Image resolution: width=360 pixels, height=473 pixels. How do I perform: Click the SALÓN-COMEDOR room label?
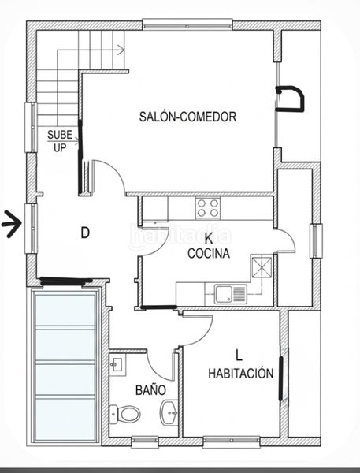187,117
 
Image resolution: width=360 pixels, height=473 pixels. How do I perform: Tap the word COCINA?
209,253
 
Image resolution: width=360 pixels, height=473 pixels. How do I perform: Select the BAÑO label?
150,389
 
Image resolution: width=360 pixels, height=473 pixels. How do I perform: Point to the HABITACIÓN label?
240,373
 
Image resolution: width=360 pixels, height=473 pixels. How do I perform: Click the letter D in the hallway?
85,233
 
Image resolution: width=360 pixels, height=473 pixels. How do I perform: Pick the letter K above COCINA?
208,238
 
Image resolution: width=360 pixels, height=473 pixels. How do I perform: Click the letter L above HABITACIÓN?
239,356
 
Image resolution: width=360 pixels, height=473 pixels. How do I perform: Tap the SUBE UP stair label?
60,141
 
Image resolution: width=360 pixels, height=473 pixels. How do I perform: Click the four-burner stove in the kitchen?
208,208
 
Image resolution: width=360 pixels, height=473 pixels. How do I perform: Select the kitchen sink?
231,294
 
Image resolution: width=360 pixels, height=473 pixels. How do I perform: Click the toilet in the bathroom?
124,414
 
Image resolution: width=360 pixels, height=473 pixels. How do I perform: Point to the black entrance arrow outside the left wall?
12,224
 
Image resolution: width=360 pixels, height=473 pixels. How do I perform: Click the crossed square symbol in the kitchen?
262,267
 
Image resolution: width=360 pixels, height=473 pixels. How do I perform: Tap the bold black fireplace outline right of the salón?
290,99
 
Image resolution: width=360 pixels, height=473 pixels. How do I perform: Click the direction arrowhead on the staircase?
121,50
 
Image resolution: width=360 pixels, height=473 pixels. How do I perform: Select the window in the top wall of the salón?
187,24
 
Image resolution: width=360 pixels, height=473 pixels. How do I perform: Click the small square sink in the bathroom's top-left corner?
117,365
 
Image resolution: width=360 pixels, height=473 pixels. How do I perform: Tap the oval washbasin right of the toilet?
169,412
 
